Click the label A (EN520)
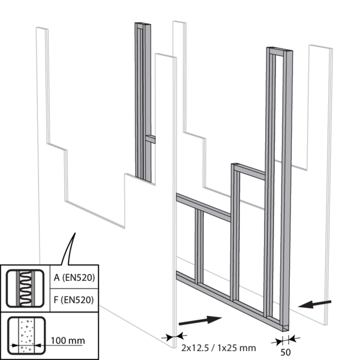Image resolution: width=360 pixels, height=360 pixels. click(74, 278)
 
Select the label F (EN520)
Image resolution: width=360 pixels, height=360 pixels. click(74, 300)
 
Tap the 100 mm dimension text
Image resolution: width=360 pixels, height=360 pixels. click(68, 340)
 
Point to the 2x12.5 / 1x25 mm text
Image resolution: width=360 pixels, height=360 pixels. click(218, 348)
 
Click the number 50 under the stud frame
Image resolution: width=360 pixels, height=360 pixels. click(286, 352)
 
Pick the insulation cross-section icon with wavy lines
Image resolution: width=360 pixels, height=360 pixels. click(25, 289)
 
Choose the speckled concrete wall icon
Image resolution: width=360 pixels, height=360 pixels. click(26, 335)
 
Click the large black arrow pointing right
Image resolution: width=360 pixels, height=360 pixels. click(200, 320)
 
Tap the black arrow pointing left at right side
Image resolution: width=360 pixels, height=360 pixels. click(314, 304)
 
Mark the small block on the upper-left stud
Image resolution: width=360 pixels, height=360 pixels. click(150, 139)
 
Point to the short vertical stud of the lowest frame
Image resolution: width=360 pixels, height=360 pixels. click(199, 245)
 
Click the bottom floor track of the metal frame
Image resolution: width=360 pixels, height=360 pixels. click(232, 301)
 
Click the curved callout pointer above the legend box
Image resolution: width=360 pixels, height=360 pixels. click(69, 249)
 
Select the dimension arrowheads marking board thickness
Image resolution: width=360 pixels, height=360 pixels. click(174, 337)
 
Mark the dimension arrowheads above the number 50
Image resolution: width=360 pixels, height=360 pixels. click(286, 340)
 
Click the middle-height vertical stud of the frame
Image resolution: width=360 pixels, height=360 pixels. click(235, 232)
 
